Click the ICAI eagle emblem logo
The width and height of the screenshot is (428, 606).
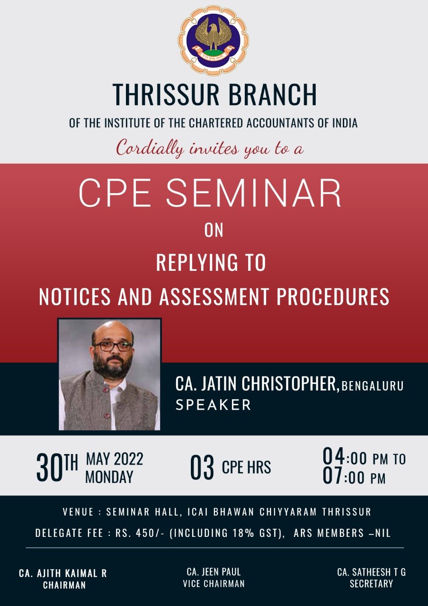(x=214, y=41)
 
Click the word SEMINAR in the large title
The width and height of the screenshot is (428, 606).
(x=253, y=193)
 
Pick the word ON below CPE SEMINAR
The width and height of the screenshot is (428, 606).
(x=214, y=231)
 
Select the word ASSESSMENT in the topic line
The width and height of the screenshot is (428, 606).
(x=214, y=297)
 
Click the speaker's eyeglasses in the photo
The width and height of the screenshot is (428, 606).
(x=112, y=346)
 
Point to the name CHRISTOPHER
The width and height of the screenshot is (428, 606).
(x=291, y=383)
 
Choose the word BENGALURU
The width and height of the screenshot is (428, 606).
(x=373, y=386)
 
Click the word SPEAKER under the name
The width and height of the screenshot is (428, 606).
(x=214, y=405)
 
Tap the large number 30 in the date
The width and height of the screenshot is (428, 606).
(x=49, y=468)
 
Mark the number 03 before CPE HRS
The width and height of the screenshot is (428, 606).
(x=202, y=467)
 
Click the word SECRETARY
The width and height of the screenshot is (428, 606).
(x=371, y=584)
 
